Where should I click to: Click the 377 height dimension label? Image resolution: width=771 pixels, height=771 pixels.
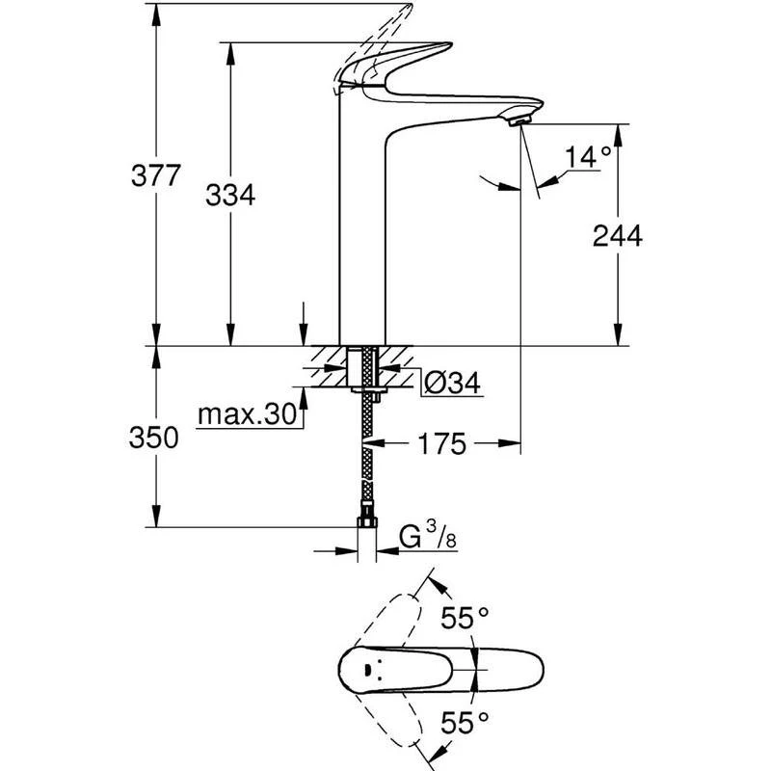pyautogui.click(x=155, y=176)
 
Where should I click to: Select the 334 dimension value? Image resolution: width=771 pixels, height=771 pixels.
pyautogui.click(x=230, y=196)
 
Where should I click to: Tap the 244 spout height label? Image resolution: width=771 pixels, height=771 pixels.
pyautogui.click(x=618, y=235)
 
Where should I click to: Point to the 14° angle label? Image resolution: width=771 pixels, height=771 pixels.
pyautogui.click(x=588, y=156)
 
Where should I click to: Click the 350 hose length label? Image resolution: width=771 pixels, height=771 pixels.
pyautogui.click(x=155, y=438)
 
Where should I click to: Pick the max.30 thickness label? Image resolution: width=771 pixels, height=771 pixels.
pyautogui.click(x=246, y=415)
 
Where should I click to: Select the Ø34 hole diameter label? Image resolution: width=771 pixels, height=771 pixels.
pyautogui.click(x=451, y=383)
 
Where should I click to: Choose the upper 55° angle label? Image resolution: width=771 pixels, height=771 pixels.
pyautogui.click(x=465, y=618)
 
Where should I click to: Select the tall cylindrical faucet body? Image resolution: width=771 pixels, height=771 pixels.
pyautogui.click(x=362, y=231)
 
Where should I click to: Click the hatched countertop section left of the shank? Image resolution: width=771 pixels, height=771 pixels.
pyautogui.click(x=328, y=367)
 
